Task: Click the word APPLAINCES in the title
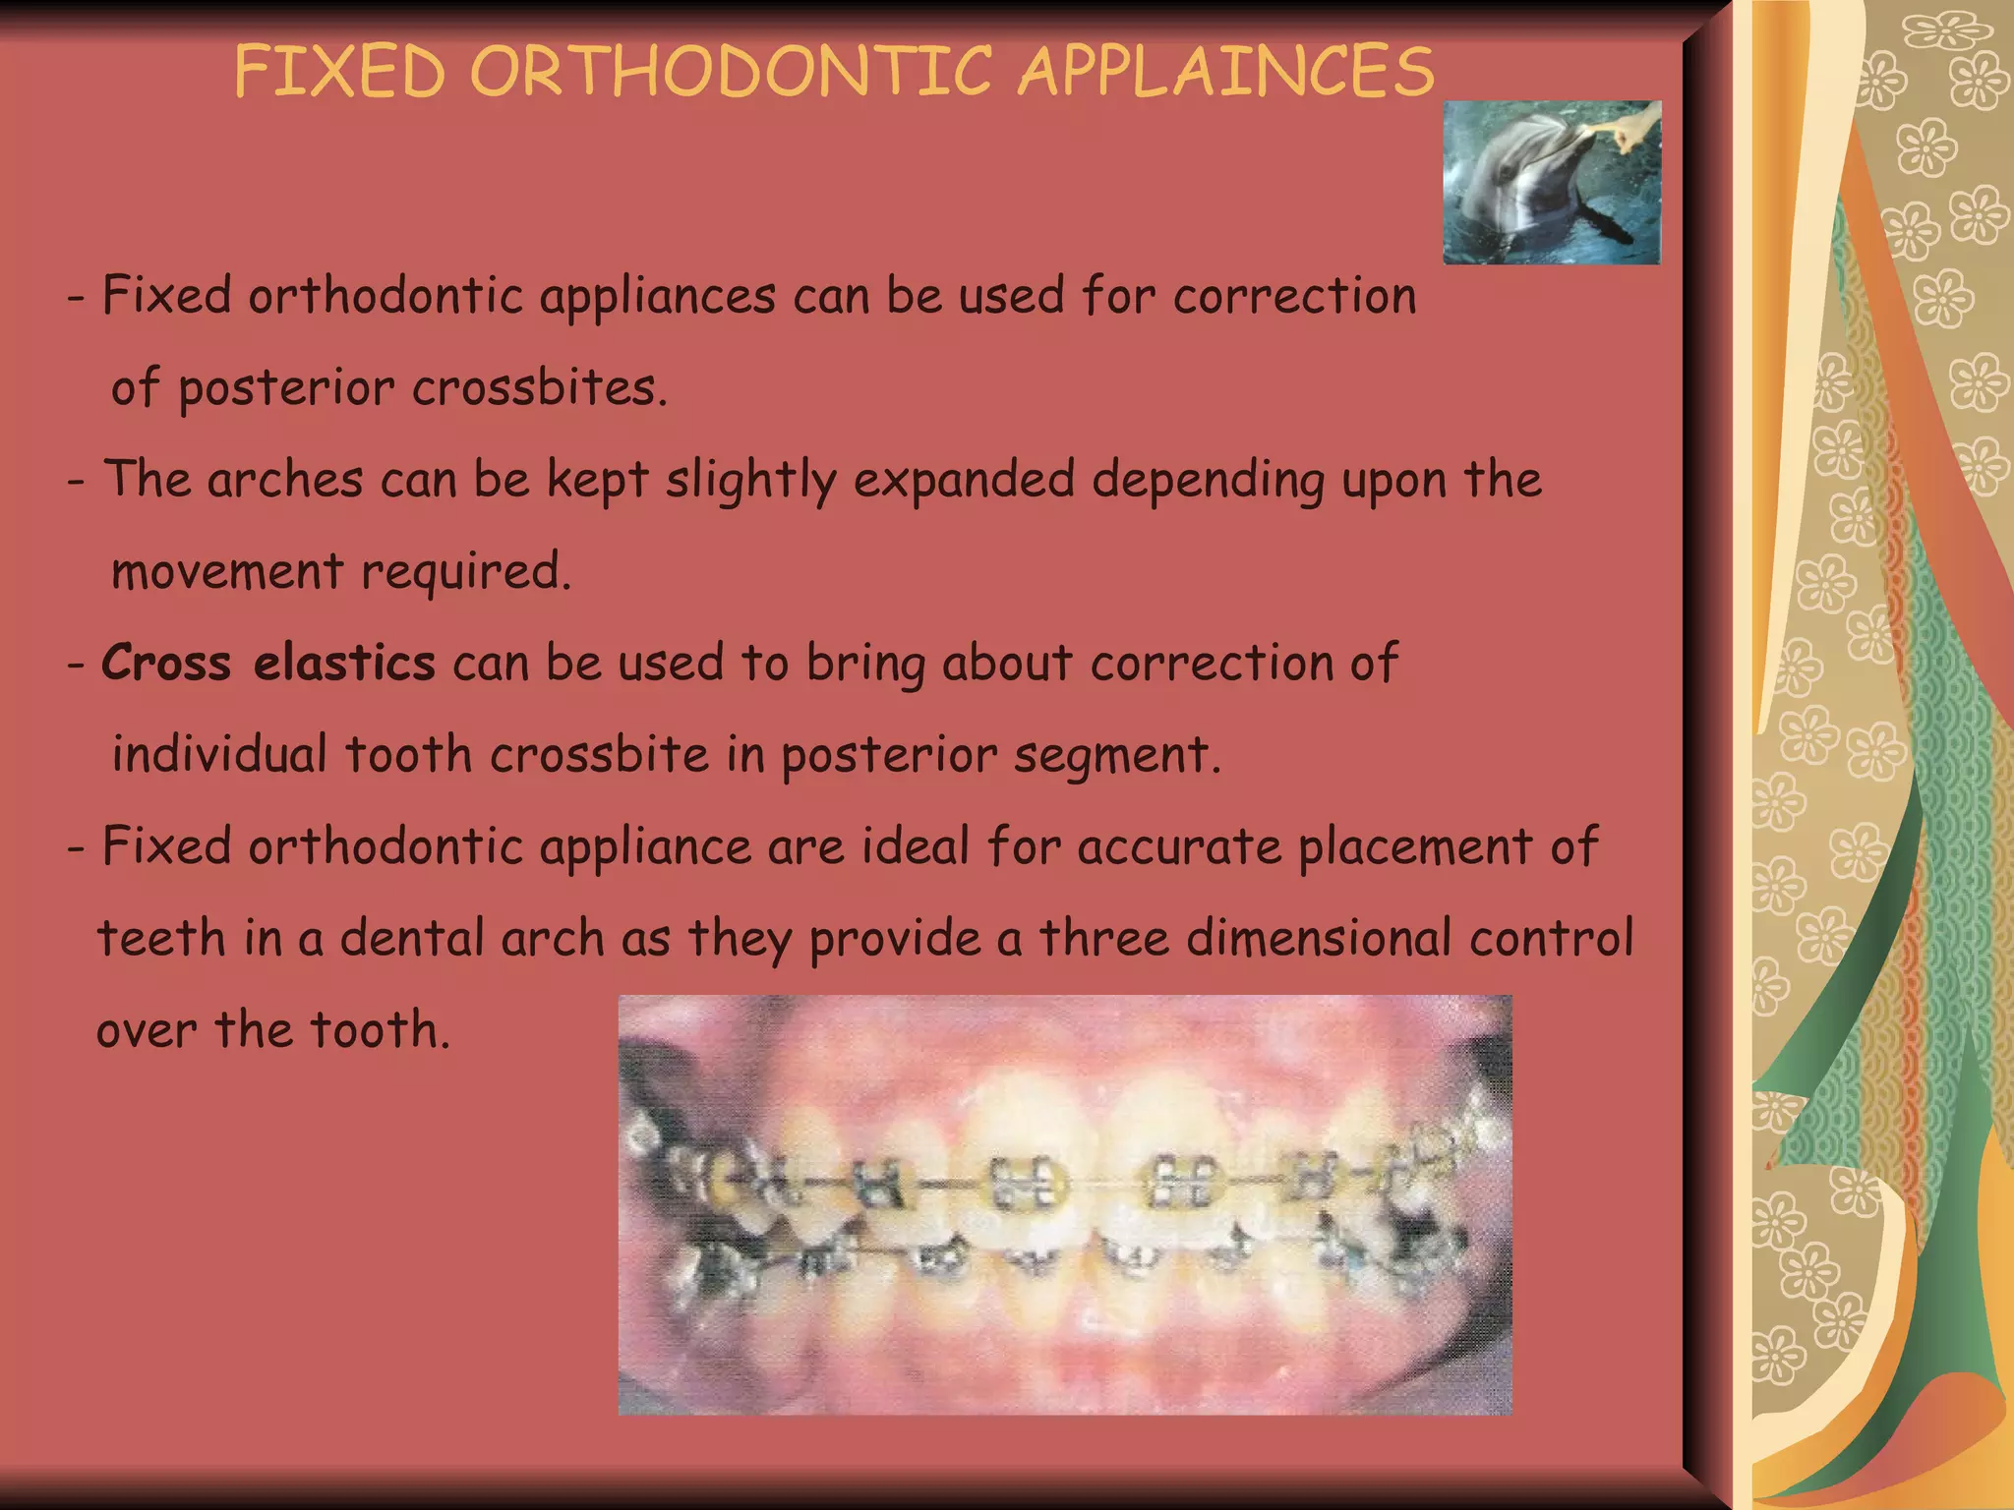(1226, 72)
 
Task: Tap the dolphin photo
(1551, 183)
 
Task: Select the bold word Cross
(166, 663)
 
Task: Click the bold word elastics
(344, 663)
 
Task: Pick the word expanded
(964, 480)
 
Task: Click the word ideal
(916, 846)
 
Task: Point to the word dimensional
(1319, 938)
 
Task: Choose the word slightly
(750, 482)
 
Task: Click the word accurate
(1179, 846)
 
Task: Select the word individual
(218, 755)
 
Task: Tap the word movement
(227, 572)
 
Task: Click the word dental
(412, 938)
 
